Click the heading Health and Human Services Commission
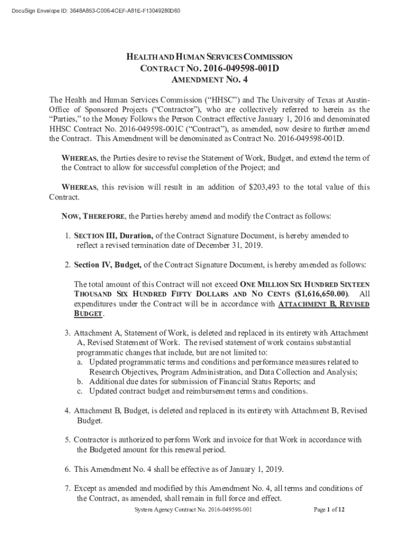coord(209,57)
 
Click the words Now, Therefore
coord(93,216)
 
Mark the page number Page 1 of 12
coord(329,510)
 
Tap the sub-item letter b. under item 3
coord(79,381)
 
